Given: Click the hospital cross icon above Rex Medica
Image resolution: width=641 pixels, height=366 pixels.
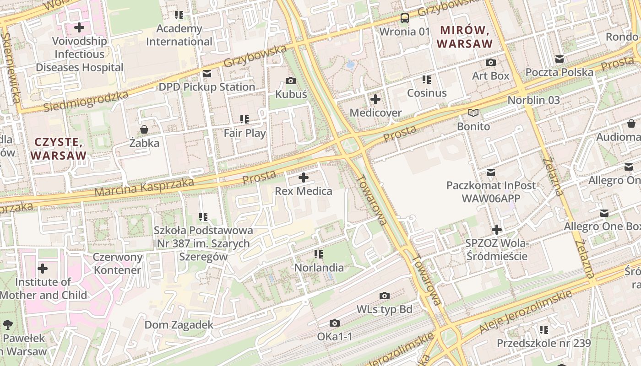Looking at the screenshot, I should coord(303,178).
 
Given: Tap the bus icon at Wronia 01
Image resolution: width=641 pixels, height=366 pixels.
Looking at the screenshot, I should coord(405,18).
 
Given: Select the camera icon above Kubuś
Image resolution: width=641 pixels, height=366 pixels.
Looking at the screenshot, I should coord(290,81).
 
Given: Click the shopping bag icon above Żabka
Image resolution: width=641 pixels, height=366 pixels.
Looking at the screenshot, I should coord(144,129).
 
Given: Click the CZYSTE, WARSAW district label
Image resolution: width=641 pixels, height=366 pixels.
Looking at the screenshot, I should coord(59,148).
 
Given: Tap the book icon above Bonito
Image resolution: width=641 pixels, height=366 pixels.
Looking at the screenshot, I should coord(473,113).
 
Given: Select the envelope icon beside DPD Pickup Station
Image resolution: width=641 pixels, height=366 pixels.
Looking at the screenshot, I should coord(207,74).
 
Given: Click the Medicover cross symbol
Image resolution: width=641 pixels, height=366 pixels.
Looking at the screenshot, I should coord(375,99).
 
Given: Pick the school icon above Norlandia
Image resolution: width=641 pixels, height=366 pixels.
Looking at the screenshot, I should coord(319,254).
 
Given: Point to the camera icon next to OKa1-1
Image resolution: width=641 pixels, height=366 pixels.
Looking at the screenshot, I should coord(335,323).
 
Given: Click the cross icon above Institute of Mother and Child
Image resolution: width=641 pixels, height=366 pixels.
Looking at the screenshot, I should coord(43,268).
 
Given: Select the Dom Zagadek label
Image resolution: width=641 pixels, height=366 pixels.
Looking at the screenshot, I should coord(179,325).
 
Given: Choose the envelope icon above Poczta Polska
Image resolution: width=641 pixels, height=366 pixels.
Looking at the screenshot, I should coord(559,59).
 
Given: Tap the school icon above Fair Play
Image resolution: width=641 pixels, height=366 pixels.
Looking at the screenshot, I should coord(244,119).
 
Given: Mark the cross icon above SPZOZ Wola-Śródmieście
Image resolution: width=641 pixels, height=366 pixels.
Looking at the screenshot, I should coord(497,230).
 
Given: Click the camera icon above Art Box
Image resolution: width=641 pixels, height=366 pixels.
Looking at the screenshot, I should coord(491,62).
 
